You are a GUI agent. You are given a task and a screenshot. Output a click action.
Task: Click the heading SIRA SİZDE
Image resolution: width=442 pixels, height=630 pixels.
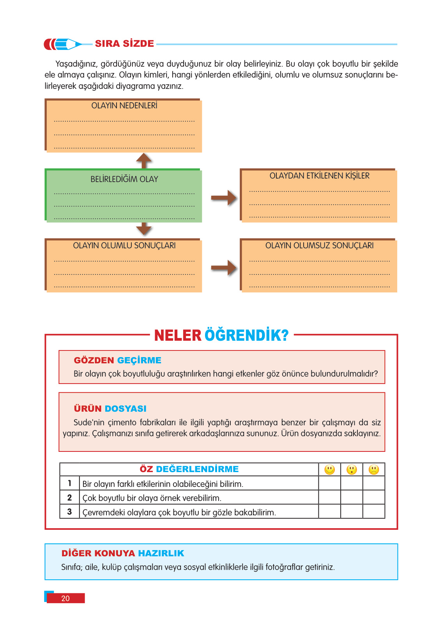[124, 44]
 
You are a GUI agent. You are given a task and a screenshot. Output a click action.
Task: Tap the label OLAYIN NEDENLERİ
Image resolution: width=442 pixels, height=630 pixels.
[124, 106]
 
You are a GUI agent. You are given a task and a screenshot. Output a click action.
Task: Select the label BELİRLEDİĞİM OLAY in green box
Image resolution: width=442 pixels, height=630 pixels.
[124, 179]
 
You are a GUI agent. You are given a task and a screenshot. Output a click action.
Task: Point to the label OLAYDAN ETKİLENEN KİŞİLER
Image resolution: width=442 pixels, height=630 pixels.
[319, 176]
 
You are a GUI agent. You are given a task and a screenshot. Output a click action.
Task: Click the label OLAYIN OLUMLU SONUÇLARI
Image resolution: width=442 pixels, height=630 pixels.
[124, 246]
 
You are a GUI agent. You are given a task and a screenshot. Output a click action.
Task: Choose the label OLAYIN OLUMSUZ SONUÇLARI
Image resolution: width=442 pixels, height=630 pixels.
[319, 246]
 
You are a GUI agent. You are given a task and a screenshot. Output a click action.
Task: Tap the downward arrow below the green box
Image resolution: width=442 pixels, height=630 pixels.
[144, 229]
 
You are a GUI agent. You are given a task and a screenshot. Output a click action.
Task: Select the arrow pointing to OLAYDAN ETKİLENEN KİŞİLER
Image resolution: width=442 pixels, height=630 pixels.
[224, 198]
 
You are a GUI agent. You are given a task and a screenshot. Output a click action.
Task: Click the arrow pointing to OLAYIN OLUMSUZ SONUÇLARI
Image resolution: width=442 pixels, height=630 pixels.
[224, 268]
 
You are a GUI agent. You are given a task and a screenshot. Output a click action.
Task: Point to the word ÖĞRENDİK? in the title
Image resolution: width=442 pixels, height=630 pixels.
[246, 335]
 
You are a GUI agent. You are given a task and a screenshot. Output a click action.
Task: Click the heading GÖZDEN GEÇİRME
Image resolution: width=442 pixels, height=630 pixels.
[117, 360]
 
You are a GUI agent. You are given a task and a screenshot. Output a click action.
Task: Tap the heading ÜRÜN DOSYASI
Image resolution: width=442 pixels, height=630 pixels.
[110, 409]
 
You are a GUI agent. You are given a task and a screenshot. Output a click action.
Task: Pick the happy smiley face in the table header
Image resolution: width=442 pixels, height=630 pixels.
[330, 470]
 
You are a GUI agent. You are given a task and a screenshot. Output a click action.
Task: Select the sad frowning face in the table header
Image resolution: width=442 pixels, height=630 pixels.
[374, 470]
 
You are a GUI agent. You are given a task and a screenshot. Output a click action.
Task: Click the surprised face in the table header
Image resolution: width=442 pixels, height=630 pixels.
[352, 470]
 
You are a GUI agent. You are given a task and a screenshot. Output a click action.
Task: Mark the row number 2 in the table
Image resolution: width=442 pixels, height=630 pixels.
[69, 497]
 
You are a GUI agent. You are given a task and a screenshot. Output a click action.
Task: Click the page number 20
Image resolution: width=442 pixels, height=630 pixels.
[65, 598]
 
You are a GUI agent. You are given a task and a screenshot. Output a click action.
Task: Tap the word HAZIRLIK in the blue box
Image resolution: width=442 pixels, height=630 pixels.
[161, 553]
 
